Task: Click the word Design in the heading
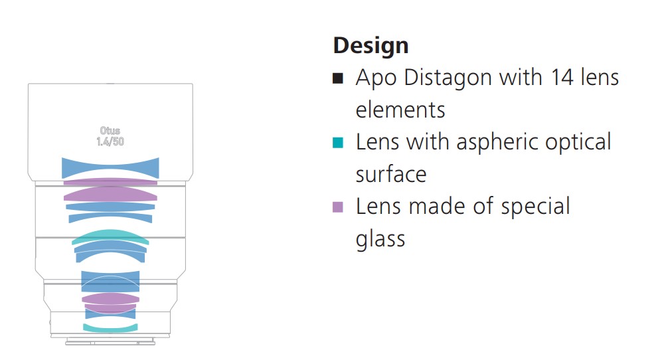coord(370,46)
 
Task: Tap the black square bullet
coord(338,78)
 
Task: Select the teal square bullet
coord(338,143)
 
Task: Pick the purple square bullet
coord(338,207)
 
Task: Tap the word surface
coord(390,175)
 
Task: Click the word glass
coord(380,240)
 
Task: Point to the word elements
coord(400,110)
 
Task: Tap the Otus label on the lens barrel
coord(110,130)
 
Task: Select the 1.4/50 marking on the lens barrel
coord(110,141)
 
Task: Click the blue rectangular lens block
coord(110,282)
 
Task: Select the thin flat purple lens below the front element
coord(110,182)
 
